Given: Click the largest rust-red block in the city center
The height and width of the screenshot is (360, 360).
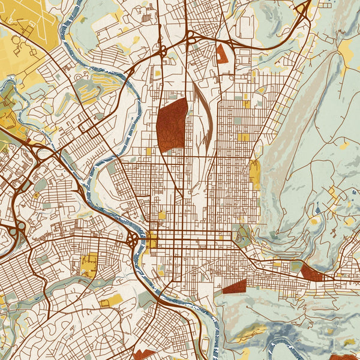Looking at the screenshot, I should tap(172, 124).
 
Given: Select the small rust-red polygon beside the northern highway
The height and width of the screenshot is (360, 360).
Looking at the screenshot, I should tap(222, 53).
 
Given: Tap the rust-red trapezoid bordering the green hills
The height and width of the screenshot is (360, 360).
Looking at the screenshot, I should tap(235, 287).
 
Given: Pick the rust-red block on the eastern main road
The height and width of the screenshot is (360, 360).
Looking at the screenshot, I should tap(311, 272).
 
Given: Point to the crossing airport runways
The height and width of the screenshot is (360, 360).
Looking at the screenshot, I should tap(30, 24).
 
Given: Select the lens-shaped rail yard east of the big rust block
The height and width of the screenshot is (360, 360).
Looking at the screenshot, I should tap(203, 117).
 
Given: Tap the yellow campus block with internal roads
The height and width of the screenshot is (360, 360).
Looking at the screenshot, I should tap(89, 265).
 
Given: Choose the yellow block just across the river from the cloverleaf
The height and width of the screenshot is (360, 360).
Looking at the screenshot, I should tap(152, 239).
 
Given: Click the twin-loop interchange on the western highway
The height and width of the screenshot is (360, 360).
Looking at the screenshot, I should tap(15, 229).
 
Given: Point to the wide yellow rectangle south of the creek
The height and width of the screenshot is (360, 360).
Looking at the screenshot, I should tap(110, 299).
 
